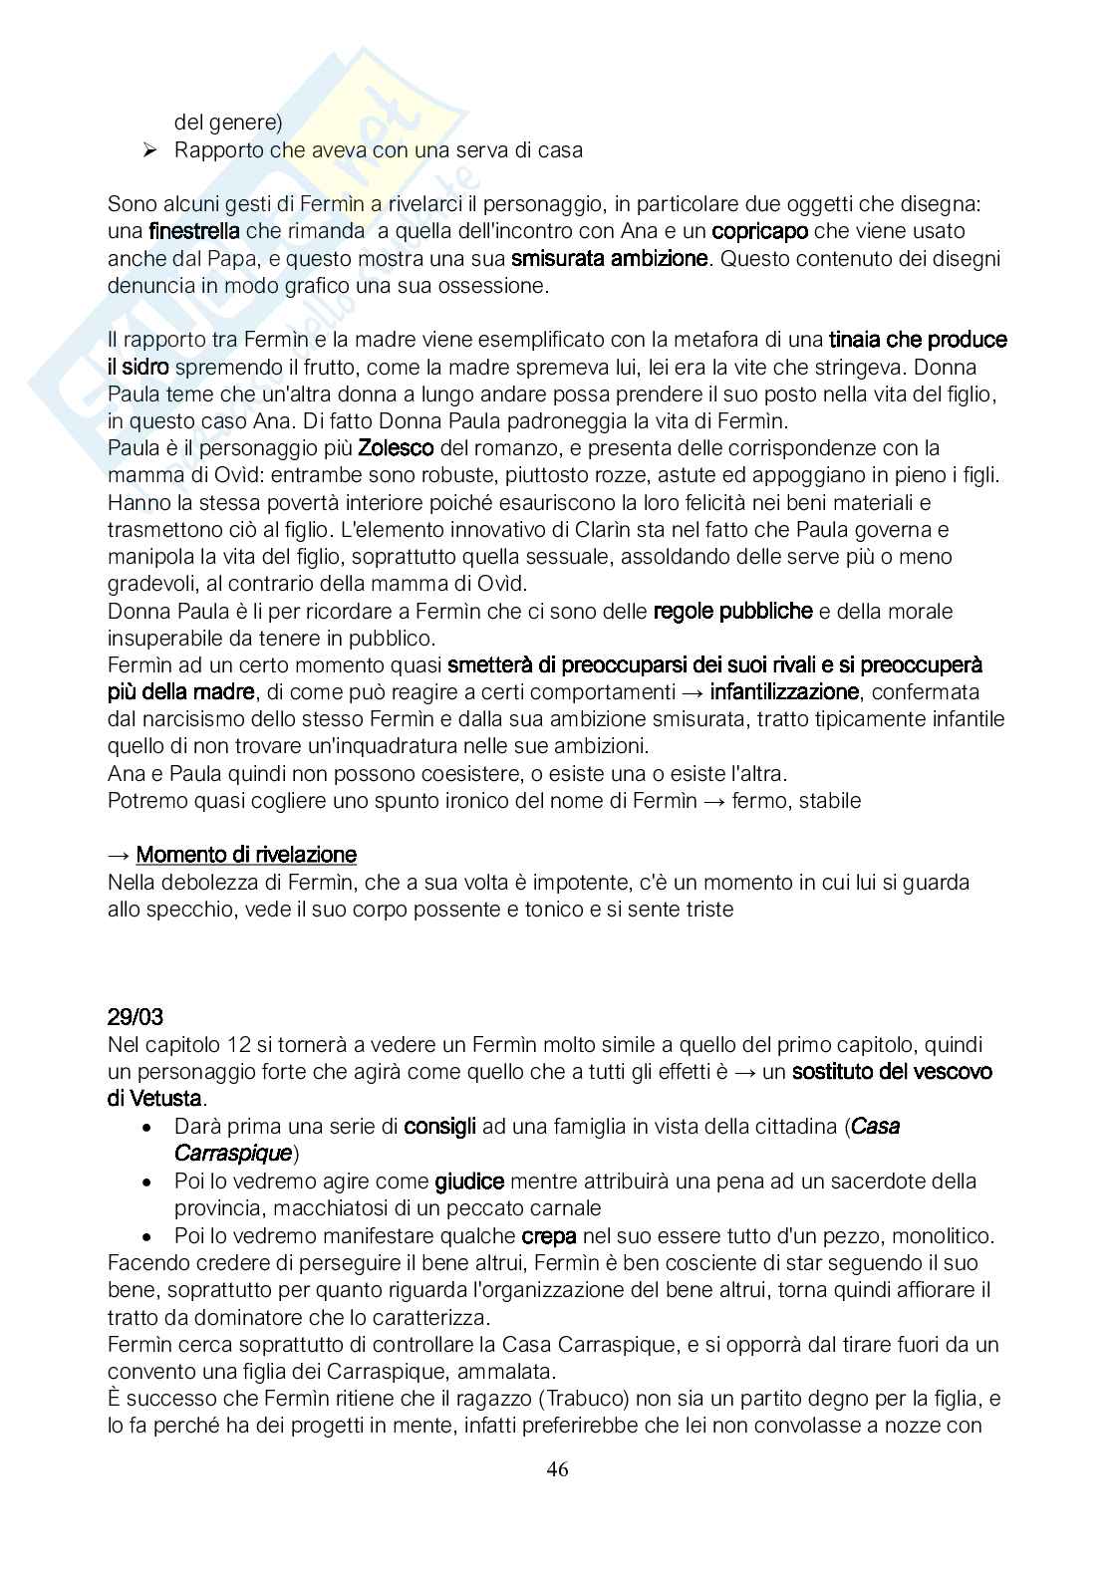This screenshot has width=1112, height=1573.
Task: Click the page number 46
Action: [x=557, y=1469]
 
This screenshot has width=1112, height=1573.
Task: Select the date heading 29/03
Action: [x=136, y=1017]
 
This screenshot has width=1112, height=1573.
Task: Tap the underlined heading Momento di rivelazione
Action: [x=246, y=855]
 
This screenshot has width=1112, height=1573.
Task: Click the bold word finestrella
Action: [x=193, y=231]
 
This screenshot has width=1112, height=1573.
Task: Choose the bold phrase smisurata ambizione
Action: [x=610, y=259]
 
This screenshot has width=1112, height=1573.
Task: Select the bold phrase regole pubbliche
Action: [x=732, y=611]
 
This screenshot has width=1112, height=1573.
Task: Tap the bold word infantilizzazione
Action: [x=784, y=691]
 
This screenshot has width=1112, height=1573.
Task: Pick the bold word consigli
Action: [x=440, y=1127]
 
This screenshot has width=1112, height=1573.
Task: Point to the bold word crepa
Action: [x=549, y=1236]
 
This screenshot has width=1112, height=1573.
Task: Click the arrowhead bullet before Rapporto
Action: [x=150, y=150]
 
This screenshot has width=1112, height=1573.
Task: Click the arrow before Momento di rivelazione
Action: [x=118, y=855]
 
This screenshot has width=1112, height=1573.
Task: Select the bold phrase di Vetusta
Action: [x=155, y=1099]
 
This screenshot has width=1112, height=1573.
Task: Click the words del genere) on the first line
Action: [x=228, y=123]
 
